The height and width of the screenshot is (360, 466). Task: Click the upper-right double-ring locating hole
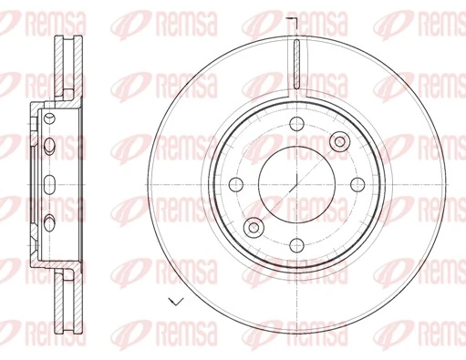340,140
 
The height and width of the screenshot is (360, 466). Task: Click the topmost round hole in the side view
49,122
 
